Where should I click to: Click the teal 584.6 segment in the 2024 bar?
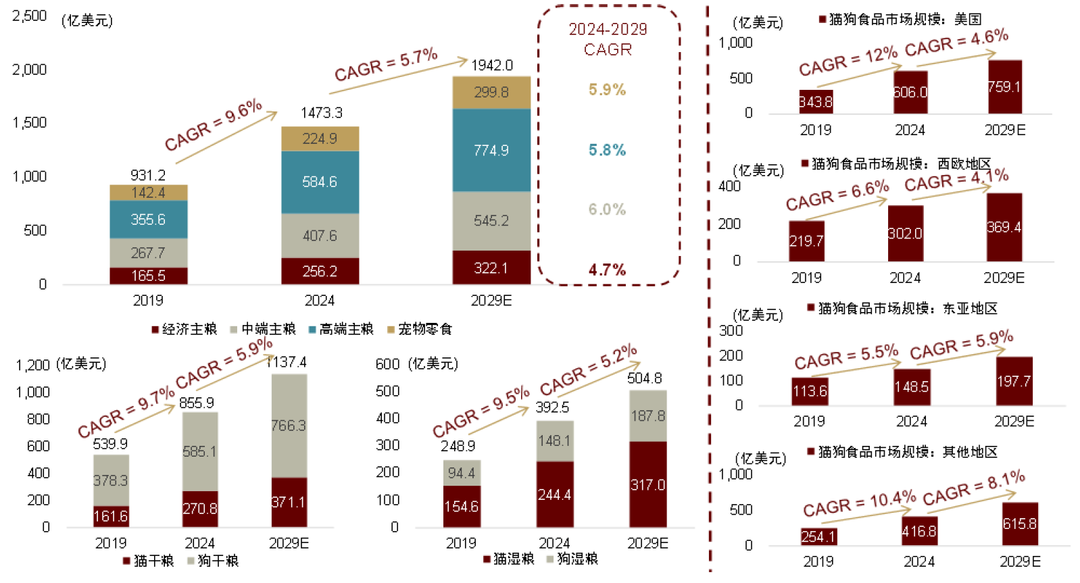point(320,182)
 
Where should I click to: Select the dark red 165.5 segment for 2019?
point(148,276)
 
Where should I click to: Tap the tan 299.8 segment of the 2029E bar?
point(491,93)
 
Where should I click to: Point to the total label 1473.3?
point(321,113)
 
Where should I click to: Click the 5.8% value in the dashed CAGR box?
point(607,150)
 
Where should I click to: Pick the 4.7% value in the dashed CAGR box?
point(607,270)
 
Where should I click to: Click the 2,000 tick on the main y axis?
point(30,70)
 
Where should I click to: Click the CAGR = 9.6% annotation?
point(213,125)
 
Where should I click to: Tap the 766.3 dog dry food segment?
point(289,426)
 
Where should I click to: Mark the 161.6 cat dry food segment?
point(111,517)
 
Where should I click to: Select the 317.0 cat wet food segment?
point(647,485)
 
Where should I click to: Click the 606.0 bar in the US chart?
point(910,92)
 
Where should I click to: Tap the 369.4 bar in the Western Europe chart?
point(1004,228)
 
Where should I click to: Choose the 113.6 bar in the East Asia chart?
point(810,391)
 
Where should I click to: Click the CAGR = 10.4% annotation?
point(859,504)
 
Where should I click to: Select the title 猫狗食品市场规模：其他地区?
point(907,452)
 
